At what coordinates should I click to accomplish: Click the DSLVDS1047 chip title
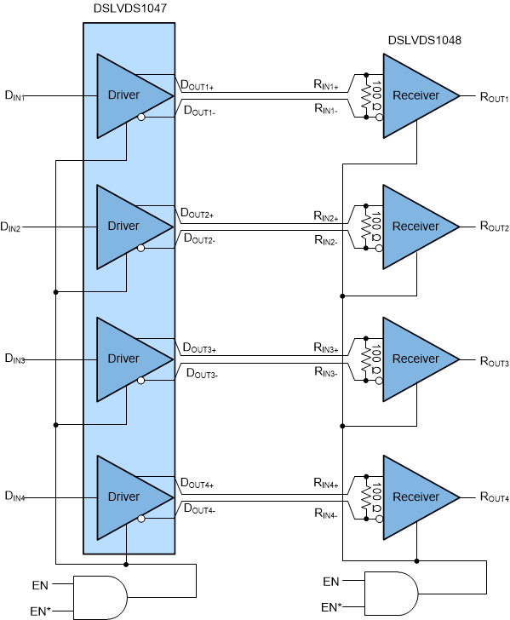coord(129,9)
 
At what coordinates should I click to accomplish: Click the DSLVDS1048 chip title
coord(425,40)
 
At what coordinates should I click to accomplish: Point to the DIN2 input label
coord(15,228)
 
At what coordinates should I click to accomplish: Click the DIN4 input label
coord(15,497)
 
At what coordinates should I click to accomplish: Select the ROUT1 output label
coord(494,99)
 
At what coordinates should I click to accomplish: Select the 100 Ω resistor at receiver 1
coord(368,96)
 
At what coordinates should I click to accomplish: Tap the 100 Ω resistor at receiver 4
coord(368,495)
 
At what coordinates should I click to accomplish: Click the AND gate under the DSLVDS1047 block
coord(100,596)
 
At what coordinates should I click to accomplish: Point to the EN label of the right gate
coord(332,582)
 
